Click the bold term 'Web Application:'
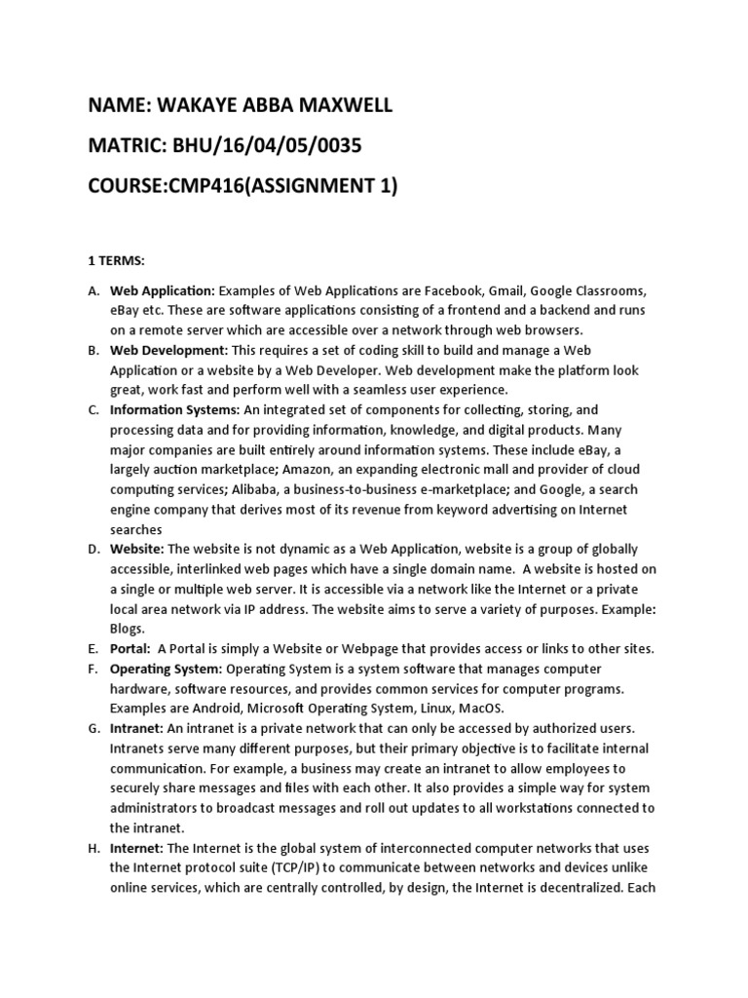click(x=162, y=290)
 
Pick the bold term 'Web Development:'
click(x=168, y=349)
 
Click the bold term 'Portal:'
click(x=131, y=649)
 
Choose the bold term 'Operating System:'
click(x=167, y=669)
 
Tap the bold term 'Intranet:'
click(x=135, y=728)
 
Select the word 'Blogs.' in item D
click(x=128, y=629)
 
